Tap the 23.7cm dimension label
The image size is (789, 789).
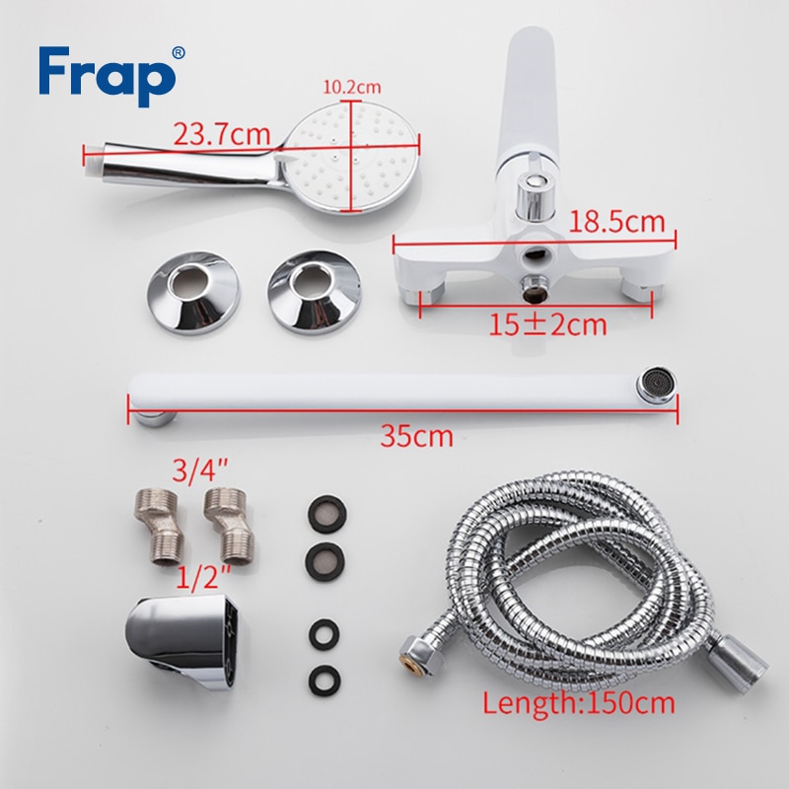pos(222,134)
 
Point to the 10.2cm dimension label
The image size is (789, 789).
pos(352,87)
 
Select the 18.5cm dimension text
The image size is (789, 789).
pos(616,222)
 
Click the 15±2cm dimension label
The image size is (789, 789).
pos(548,325)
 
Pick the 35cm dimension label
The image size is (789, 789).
pos(416,436)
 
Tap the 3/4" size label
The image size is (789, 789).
pos(200,469)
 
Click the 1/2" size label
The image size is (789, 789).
pos(203,577)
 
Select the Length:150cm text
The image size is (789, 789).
pos(579,702)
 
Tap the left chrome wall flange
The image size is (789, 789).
pos(193,293)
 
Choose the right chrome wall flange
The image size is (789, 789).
pos(315,292)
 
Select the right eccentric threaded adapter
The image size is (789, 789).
pos(229,525)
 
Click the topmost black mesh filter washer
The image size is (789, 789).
pos(327,515)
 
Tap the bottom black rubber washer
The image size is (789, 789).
pos(324,681)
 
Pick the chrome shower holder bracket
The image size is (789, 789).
pos(182,642)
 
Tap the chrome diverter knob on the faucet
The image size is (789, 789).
pos(536,194)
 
